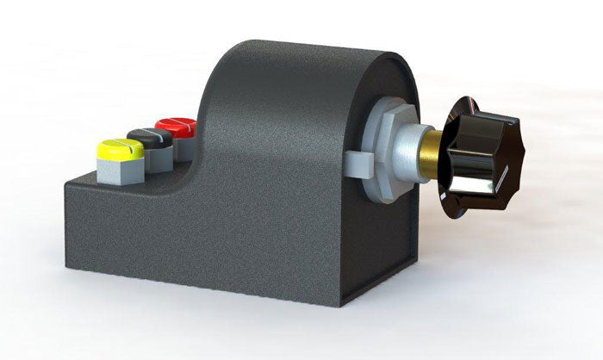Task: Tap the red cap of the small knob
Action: coord(176,127)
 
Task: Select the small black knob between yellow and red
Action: coord(146,138)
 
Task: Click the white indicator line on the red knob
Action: coord(179,126)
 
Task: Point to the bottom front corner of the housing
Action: coord(342,304)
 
